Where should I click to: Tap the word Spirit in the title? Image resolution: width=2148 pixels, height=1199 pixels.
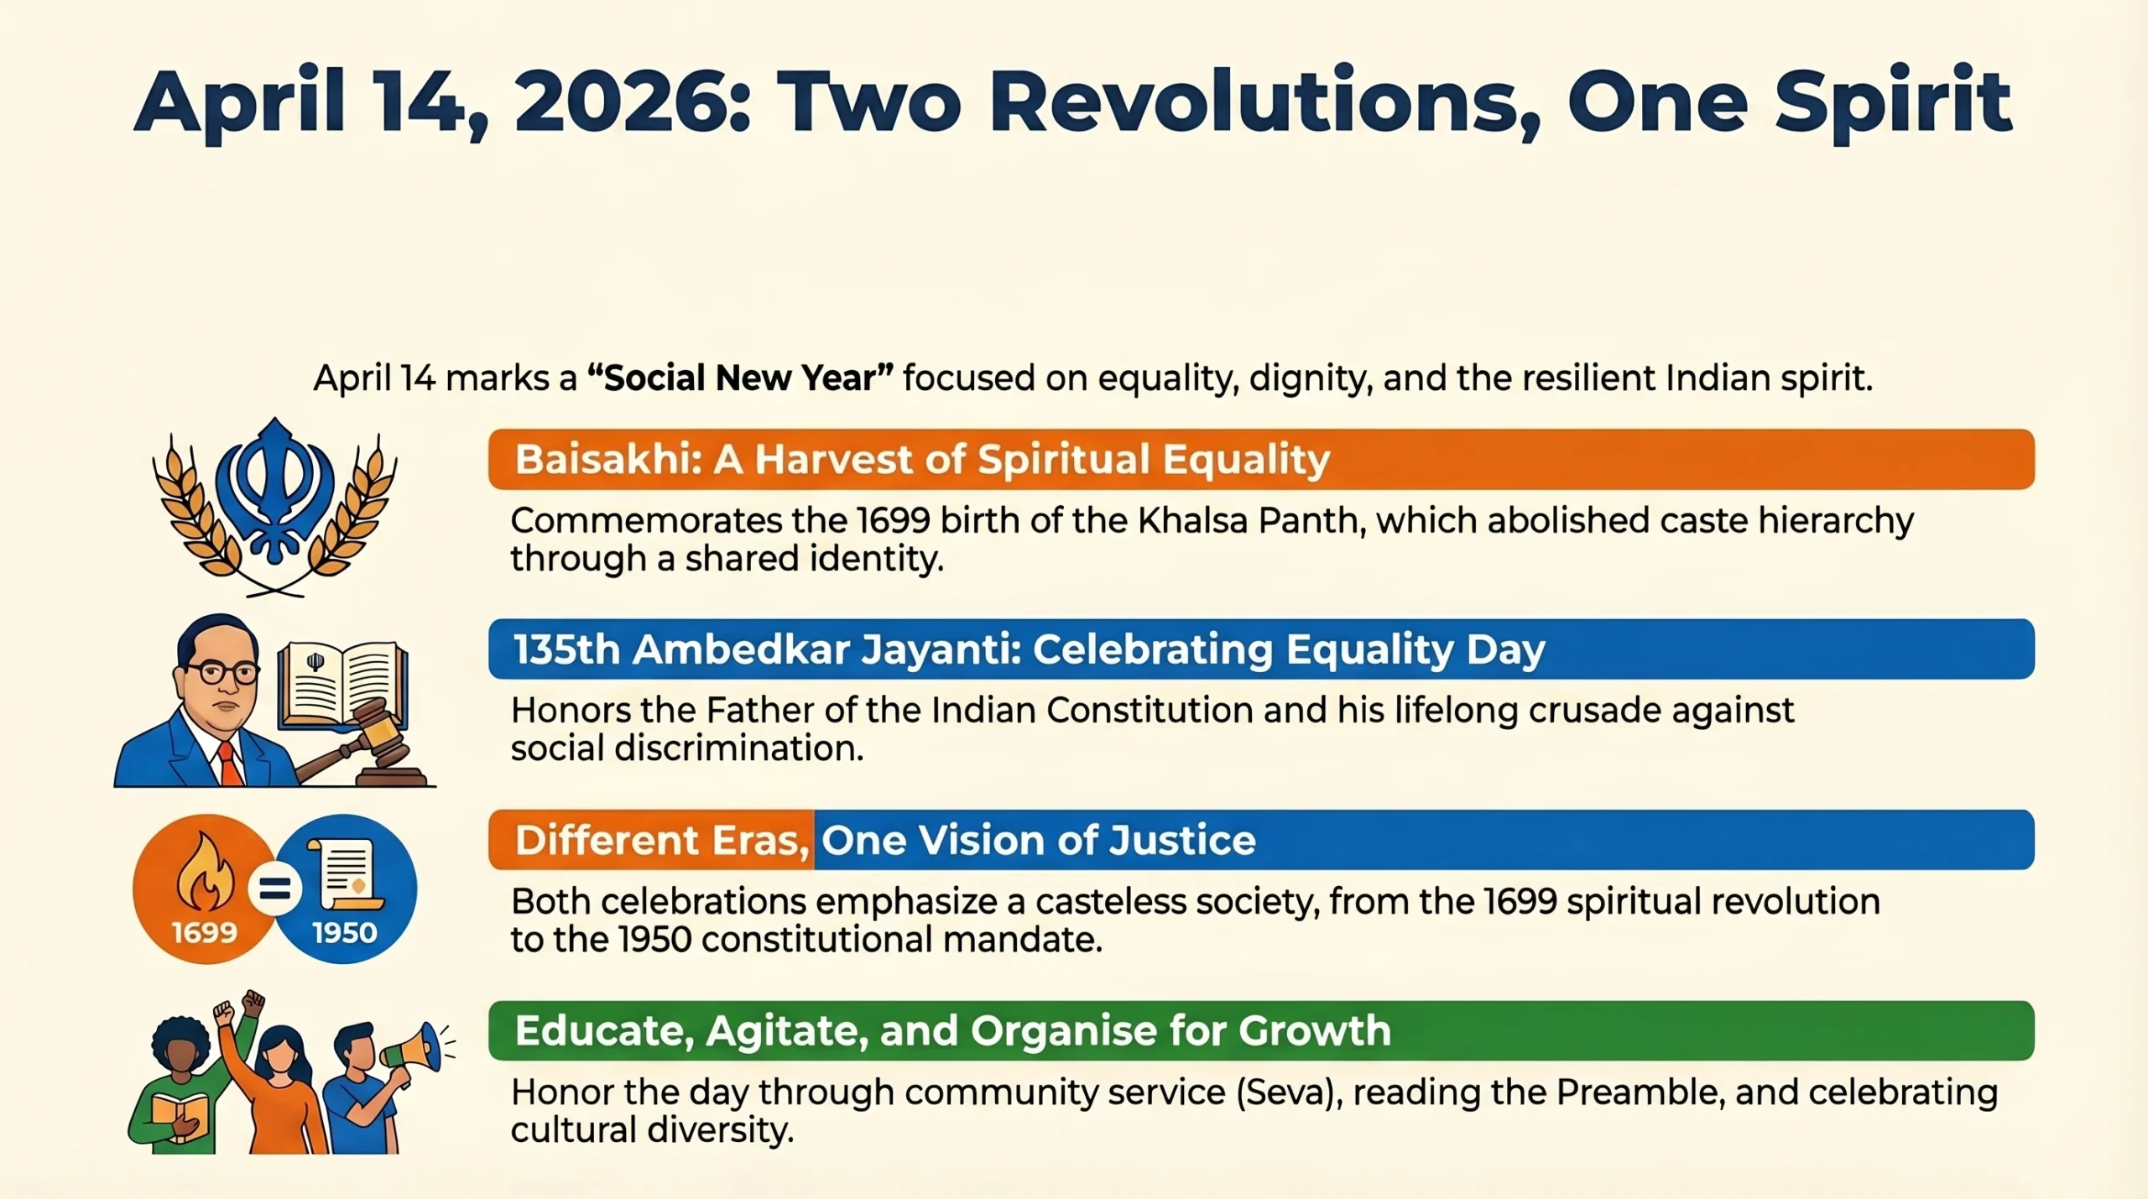(1892, 102)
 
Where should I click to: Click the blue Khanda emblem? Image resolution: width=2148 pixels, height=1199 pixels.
(274, 492)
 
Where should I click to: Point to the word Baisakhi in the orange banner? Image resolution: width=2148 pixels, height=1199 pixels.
(606, 460)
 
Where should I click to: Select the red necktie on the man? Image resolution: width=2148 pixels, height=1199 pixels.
(229, 764)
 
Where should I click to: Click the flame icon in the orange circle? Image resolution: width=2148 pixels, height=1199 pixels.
(205, 873)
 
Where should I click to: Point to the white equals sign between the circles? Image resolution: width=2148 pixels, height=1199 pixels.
(275, 889)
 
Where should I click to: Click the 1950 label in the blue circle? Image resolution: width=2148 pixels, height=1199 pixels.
(345, 933)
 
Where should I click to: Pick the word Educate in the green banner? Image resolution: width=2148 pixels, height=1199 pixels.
(603, 1031)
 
